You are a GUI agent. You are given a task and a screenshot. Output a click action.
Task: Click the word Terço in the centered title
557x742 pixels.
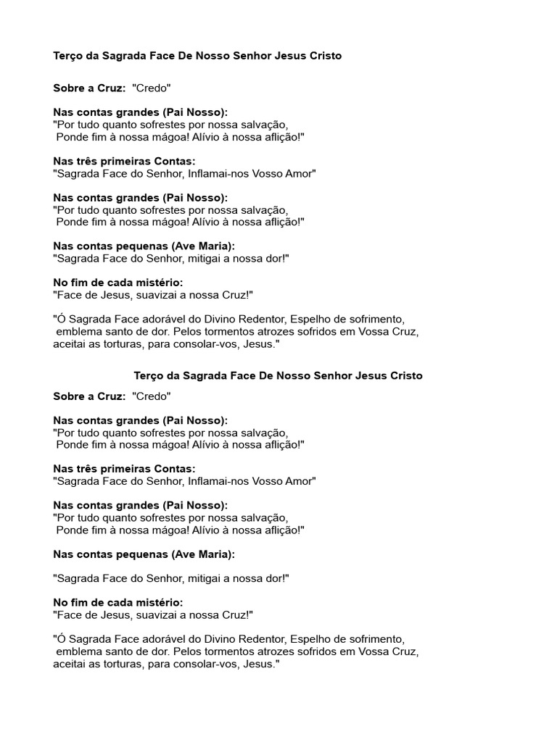point(149,376)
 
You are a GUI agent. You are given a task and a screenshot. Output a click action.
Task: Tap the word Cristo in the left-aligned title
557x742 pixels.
point(324,56)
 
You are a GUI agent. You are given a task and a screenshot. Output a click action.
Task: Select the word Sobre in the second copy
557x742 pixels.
point(68,396)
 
